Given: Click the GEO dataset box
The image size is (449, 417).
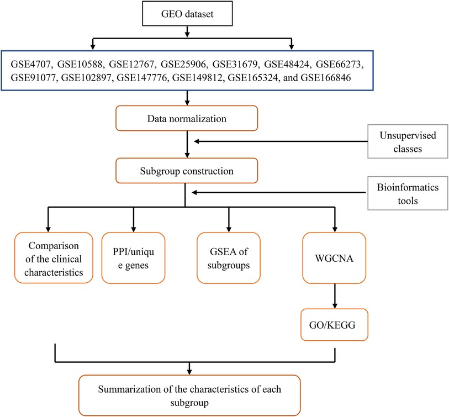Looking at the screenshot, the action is [x=187, y=13].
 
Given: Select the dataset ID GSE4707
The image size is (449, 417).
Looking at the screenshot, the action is [x=30, y=64].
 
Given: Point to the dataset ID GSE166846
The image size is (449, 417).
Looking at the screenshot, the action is [x=326, y=77].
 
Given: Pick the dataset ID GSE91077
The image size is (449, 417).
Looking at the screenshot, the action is [x=33, y=77].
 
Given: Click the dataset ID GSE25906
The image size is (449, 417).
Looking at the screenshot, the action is [x=183, y=64].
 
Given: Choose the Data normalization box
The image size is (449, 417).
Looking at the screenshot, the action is [x=187, y=118].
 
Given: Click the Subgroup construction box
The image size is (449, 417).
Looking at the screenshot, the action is [x=187, y=171].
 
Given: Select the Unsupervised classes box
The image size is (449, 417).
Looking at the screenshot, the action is [x=408, y=141].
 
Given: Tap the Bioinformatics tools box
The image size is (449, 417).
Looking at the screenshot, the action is [x=408, y=193].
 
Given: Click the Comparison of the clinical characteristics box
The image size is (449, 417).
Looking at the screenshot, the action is [x=54, y=258].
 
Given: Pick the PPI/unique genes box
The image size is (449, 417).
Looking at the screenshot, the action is [x=134, y=258].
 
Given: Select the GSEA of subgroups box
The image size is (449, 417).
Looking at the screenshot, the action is [x=229, y=258].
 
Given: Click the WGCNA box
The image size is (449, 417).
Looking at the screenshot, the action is [x=334, y=258].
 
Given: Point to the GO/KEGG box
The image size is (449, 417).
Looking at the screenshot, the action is [x=334, y=325].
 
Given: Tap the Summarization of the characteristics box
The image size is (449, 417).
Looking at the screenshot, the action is [x=189, y=395].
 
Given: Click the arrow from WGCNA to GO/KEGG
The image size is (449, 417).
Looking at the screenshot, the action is [x=335, y=296].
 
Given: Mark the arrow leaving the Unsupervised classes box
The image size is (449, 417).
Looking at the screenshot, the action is [x=281, y=141].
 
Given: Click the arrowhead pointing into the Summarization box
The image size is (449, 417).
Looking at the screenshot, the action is [x=189, y=372].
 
